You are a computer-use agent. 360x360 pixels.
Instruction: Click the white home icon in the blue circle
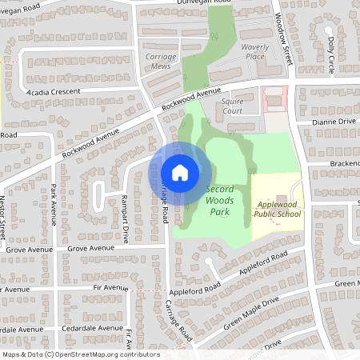point(180,172)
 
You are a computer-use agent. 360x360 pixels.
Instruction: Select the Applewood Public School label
point(278,210)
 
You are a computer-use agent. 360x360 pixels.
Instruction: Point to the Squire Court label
point(232,106)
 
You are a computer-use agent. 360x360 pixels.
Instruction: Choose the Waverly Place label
point(254,52)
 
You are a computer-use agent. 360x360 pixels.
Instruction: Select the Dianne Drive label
point(334,122)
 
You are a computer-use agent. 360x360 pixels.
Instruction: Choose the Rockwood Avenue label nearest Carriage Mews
point(190,100)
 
